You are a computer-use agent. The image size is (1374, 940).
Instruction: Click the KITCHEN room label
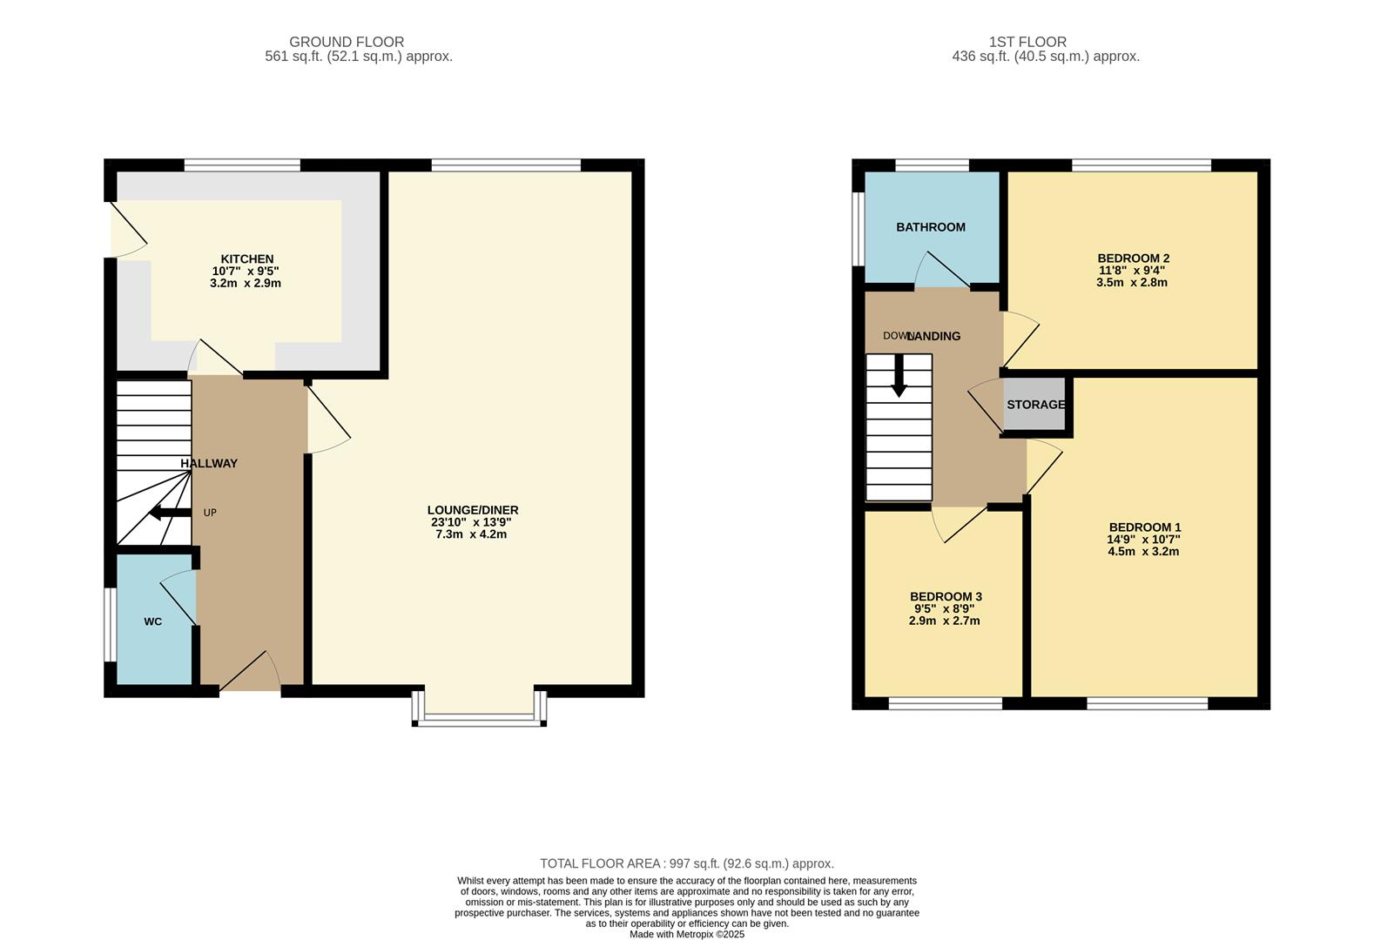click(247, 258)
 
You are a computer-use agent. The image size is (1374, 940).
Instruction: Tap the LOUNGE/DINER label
click(472, 510)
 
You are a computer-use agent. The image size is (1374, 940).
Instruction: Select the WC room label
click(152, 621)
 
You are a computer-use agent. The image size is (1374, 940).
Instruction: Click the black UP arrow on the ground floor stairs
click(169, 513)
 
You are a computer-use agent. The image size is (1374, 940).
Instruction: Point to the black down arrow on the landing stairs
click(899, 381)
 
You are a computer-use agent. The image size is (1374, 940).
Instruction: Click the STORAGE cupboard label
click(1035, 405)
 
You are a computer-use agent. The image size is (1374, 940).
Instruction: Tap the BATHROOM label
click(930, 227)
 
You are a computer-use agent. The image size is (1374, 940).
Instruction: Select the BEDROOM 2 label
click(1132, 258)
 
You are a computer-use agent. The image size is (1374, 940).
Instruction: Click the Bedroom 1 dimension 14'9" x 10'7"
click(1143, 540)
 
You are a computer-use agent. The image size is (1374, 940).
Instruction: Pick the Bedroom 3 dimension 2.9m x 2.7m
click(944, 621)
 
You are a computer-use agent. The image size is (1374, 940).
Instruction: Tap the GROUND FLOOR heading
click(347, 42)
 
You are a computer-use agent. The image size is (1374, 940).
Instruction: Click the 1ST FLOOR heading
click(1027, 42)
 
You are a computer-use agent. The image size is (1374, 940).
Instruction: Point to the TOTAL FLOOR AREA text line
click(686, 863)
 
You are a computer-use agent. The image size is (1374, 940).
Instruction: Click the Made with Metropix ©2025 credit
click(686, 934)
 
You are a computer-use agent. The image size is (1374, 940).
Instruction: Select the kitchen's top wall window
click(242, 164)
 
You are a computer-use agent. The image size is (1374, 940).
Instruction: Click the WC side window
click(110, 625)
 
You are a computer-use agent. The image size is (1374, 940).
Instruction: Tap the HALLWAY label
click(209, 464)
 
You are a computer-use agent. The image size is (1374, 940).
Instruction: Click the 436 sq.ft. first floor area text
click(1045, 57)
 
